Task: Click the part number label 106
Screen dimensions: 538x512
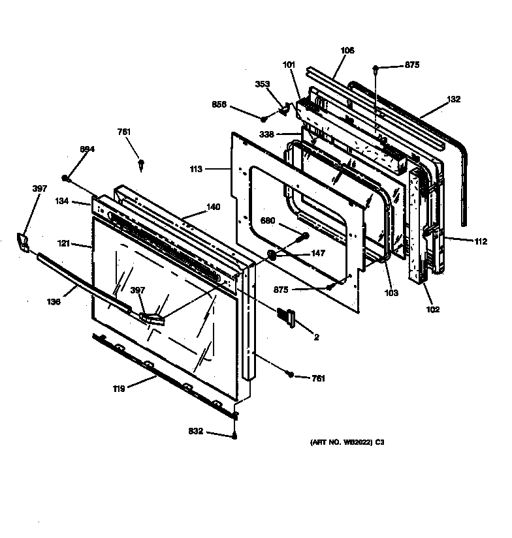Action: (347, 50)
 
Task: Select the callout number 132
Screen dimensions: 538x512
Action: (453, 100)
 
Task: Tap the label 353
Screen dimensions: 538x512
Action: (262, 84)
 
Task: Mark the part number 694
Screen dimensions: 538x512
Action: (88, 149)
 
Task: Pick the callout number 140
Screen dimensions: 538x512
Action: (214, 207)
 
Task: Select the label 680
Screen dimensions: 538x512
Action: (268, 220)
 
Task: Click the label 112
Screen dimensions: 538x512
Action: (481, 242)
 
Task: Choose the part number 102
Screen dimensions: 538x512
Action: (432, 309)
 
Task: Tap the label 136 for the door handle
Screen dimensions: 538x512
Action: (54, 301)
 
